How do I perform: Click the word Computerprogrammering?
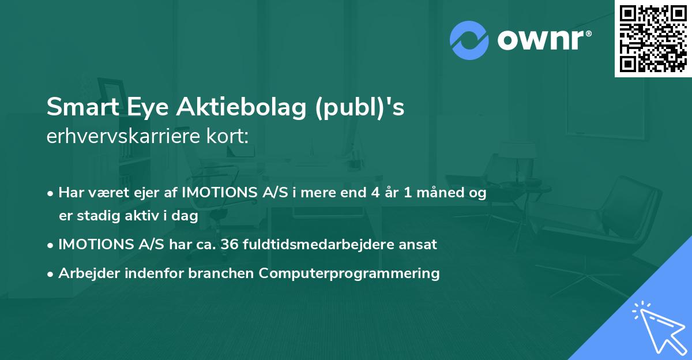[349, 273]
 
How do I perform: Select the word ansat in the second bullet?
[421, 245]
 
